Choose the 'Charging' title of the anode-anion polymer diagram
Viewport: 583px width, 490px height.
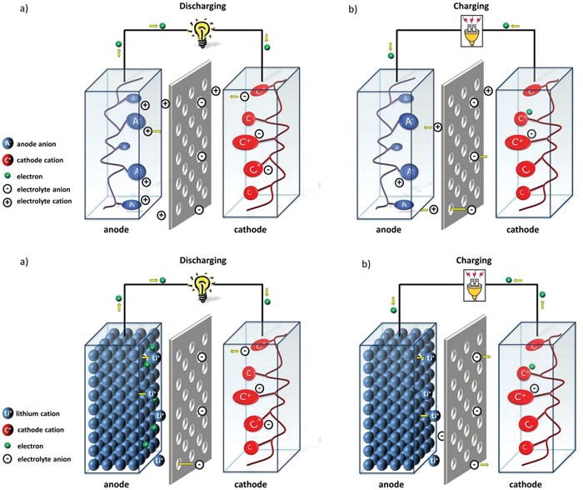pyautogui.click(x=472, y=7)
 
